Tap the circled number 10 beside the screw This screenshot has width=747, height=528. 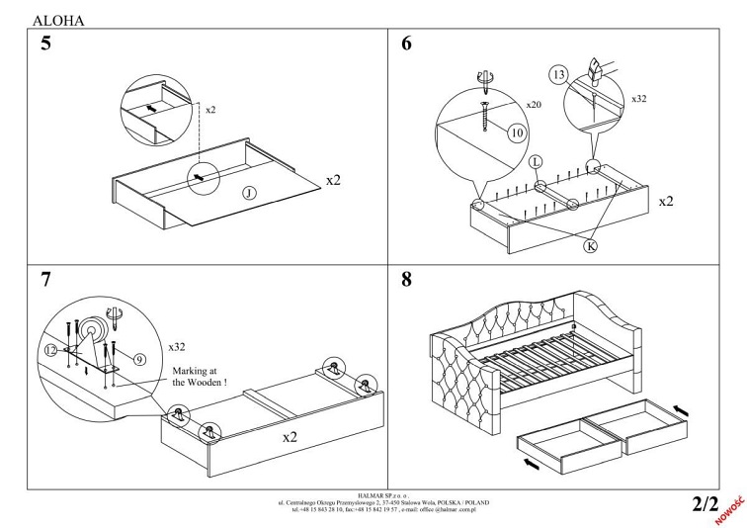pyautogui.click(x=514, y=132)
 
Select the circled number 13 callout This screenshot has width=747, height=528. pyautogui.click(x=558, y=76)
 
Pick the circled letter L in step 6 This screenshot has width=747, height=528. pyautogui.click(x=536, y=161)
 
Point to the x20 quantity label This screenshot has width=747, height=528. pyautogui.click(x=534, y=105)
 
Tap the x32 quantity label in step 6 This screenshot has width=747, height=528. pyautogui.click(x=639, y=99)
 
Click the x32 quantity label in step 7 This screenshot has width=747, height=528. pyautogui.click(x=177, y=347)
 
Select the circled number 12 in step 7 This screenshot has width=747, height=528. pyautogui.click(x=51, y=349)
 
